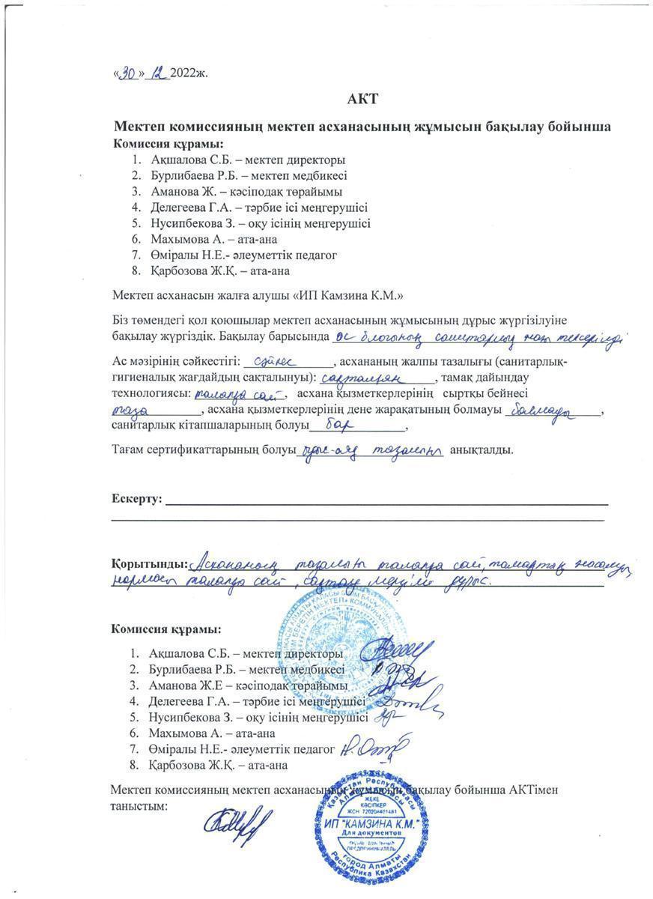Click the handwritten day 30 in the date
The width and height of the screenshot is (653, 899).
pyautogui.click(x=128, y=73)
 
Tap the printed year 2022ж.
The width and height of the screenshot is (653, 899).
pyautogui.click(x=189, y=74)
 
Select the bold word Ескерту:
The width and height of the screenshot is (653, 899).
pyautogui.click(x=136, y=499)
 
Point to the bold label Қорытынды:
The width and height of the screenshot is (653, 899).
pyautogui.click(x=149, y=563)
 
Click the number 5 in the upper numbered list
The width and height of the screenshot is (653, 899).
pyautogui.click(x=136, y=223)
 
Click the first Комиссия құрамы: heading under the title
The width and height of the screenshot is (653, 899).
pyautogui.click(x=168, y=143)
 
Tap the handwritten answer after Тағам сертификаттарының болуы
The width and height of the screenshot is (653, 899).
pyautogui.click(x=372, y=450)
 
